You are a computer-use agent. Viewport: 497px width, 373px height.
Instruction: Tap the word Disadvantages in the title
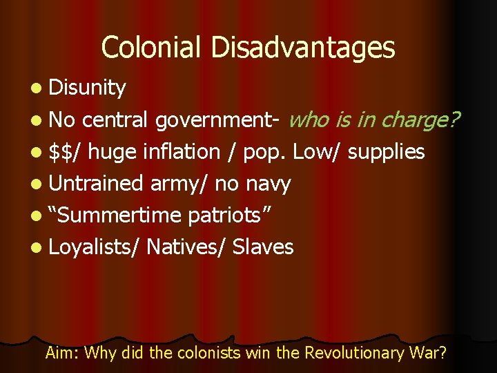303,48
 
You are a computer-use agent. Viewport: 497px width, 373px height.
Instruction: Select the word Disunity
88,88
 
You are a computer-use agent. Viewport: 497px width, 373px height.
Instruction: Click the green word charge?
417,120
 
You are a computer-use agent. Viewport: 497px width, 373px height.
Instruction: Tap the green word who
309,120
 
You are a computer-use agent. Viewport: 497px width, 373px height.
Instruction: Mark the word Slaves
263,247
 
